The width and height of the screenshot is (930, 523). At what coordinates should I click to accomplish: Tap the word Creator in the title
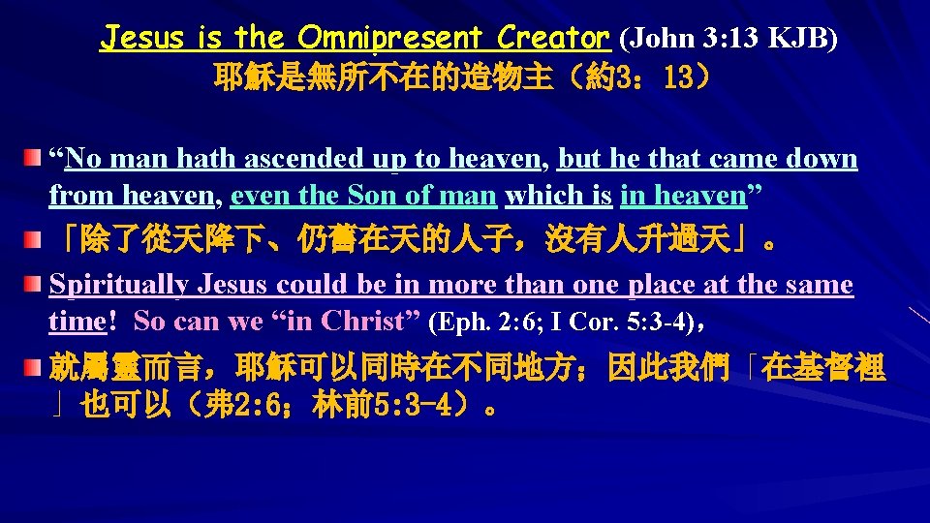[553, 39]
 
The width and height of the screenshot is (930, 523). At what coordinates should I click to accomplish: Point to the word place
[667, 285]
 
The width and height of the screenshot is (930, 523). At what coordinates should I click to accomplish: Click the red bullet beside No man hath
[34, 157]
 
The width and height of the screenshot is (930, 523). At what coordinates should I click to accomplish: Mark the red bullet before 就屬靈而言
[34, 369]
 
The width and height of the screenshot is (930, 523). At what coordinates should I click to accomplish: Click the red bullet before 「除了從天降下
[34, 239]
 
